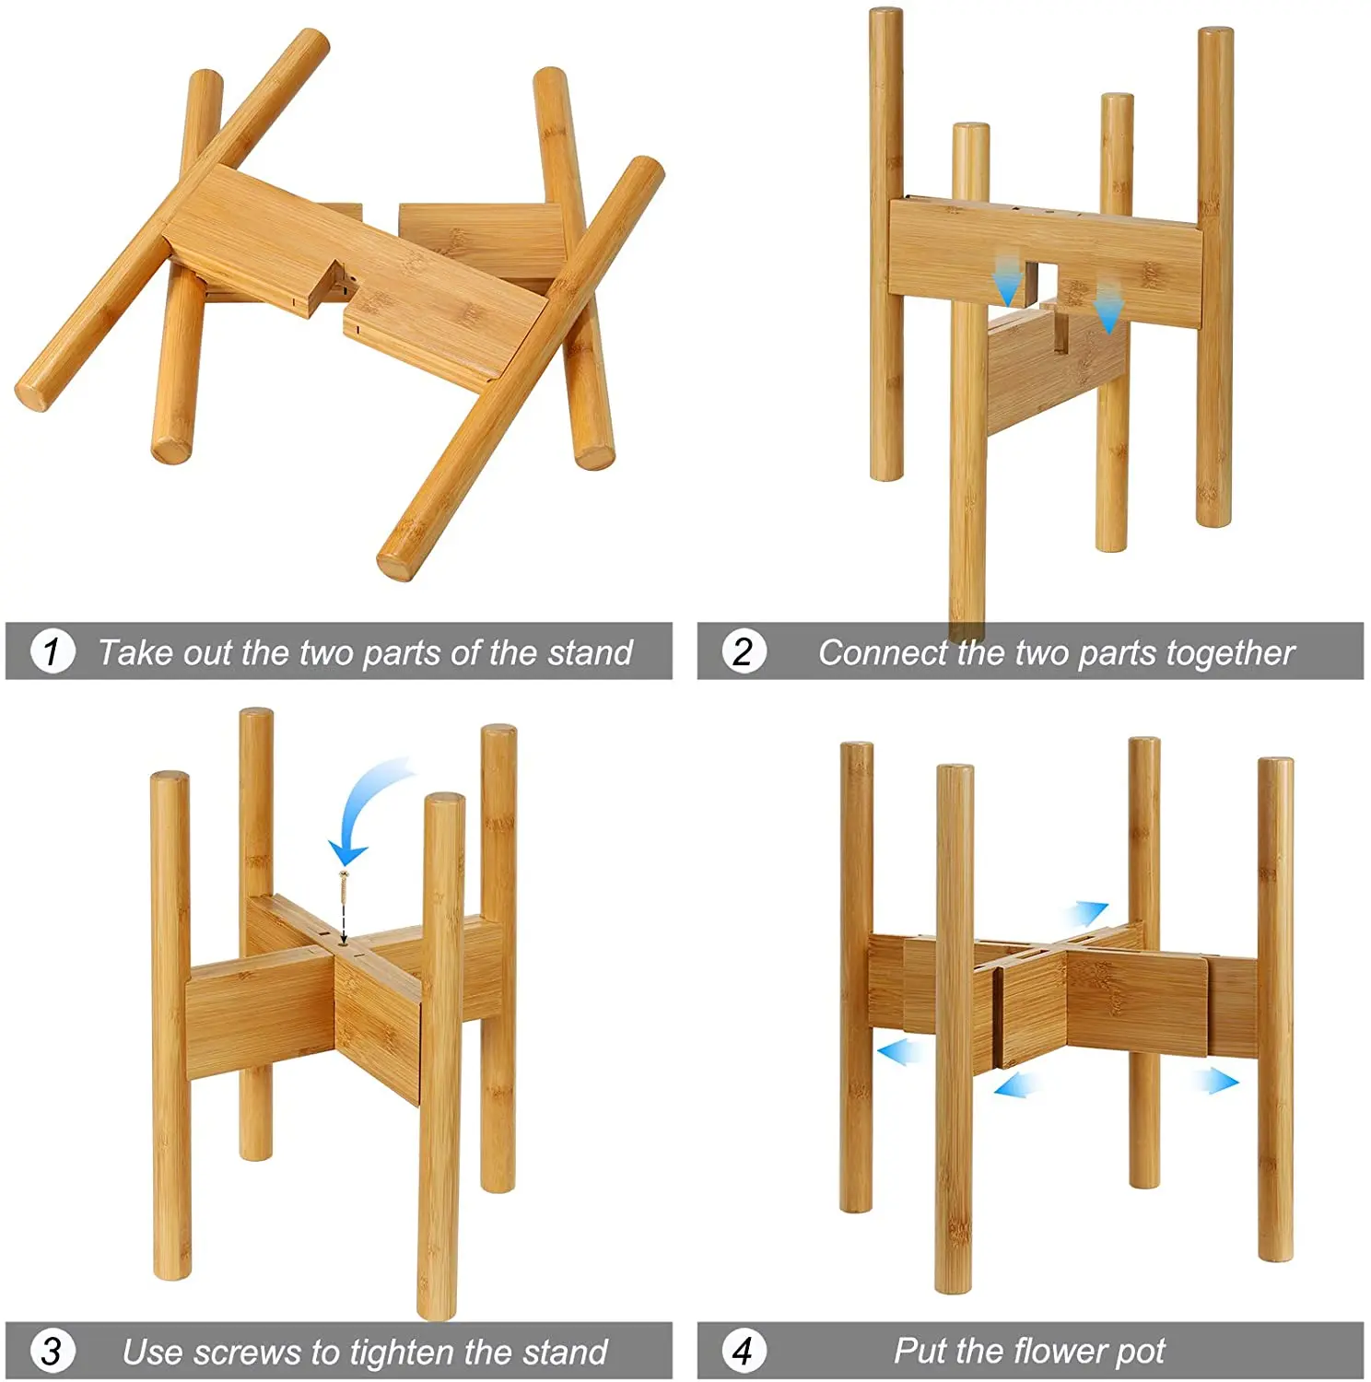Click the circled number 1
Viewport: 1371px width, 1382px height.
53,651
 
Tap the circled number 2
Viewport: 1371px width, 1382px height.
743,651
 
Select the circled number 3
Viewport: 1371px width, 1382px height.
53,1352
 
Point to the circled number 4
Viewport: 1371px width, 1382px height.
743,1351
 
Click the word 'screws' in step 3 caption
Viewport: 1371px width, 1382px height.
247,1353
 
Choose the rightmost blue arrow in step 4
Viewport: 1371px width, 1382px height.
1217,1080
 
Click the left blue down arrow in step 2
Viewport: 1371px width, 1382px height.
1009,280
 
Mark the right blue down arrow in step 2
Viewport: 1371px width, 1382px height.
1108,308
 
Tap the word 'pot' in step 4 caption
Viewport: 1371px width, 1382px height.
1141,1353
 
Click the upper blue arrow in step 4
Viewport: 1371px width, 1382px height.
1085,914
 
